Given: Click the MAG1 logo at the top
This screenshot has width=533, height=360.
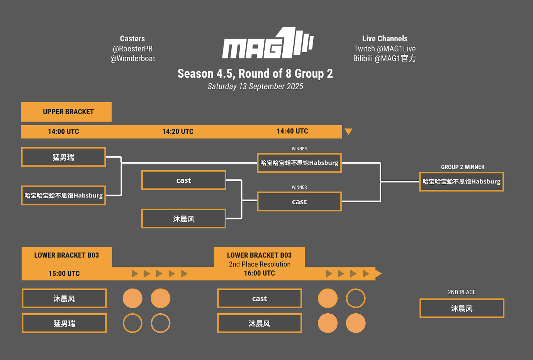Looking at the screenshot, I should tap(268, 43).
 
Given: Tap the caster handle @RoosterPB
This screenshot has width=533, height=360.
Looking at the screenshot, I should tap(132, 49).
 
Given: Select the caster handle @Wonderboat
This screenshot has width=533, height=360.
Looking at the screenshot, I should tap(132, 59).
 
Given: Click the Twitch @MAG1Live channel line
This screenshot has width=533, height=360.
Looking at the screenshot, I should tap(385, 49).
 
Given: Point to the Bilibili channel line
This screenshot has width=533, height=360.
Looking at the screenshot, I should tap(385, 59).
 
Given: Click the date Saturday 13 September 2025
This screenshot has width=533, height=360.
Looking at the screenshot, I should tap(255, 87).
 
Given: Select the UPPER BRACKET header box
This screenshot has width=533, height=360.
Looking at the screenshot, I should tap(66, 112).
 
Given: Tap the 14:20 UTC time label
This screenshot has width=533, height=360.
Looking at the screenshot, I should tap(178, 131).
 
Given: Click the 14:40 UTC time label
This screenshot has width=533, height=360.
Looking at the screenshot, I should tap(292, 131).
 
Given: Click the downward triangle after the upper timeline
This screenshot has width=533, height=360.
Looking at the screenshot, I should tap(348, 132).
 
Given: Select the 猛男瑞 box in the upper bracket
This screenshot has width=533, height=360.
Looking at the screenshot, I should tap(63, 157).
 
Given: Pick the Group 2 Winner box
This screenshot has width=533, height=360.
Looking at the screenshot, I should tap(462, 182).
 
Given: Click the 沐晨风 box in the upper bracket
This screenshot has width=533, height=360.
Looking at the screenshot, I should tap(184, 219).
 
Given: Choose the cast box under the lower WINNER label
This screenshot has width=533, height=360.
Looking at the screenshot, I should tap(299, 202).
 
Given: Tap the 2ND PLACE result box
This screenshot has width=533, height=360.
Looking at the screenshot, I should tap(462, 308).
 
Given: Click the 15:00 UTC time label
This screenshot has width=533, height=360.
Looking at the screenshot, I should tap(64, 273).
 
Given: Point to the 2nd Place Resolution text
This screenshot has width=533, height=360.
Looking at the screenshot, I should tap(260, 264).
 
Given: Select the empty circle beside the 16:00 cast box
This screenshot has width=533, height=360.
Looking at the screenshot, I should tap(355, 299).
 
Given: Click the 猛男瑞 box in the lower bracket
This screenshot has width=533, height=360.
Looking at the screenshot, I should tap(64, 323).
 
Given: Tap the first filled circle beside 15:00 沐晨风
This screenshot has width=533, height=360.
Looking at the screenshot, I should tap(132, 299).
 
